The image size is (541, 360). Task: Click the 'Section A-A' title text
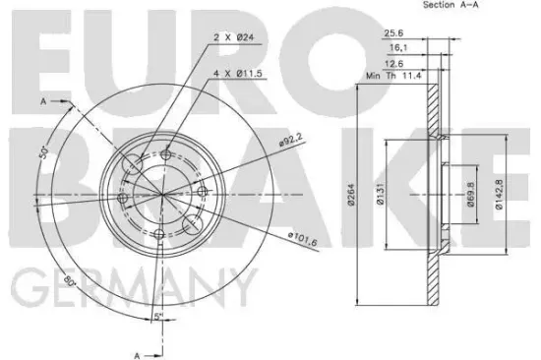[x=451, y=5]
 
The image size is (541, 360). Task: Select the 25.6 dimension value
[x=393, y=33]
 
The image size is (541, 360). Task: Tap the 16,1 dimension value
[x=398, y=47]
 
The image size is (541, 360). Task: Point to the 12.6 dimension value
[x=393, y=64]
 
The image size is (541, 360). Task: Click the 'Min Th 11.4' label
[x=393, y=76]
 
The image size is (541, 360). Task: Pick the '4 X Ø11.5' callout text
[x=238, y=73]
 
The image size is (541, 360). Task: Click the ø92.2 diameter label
[x=290, y=140]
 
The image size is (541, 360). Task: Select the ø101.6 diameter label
[x=303, y=239]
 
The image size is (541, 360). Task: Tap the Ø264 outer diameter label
[x=351, y=195]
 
